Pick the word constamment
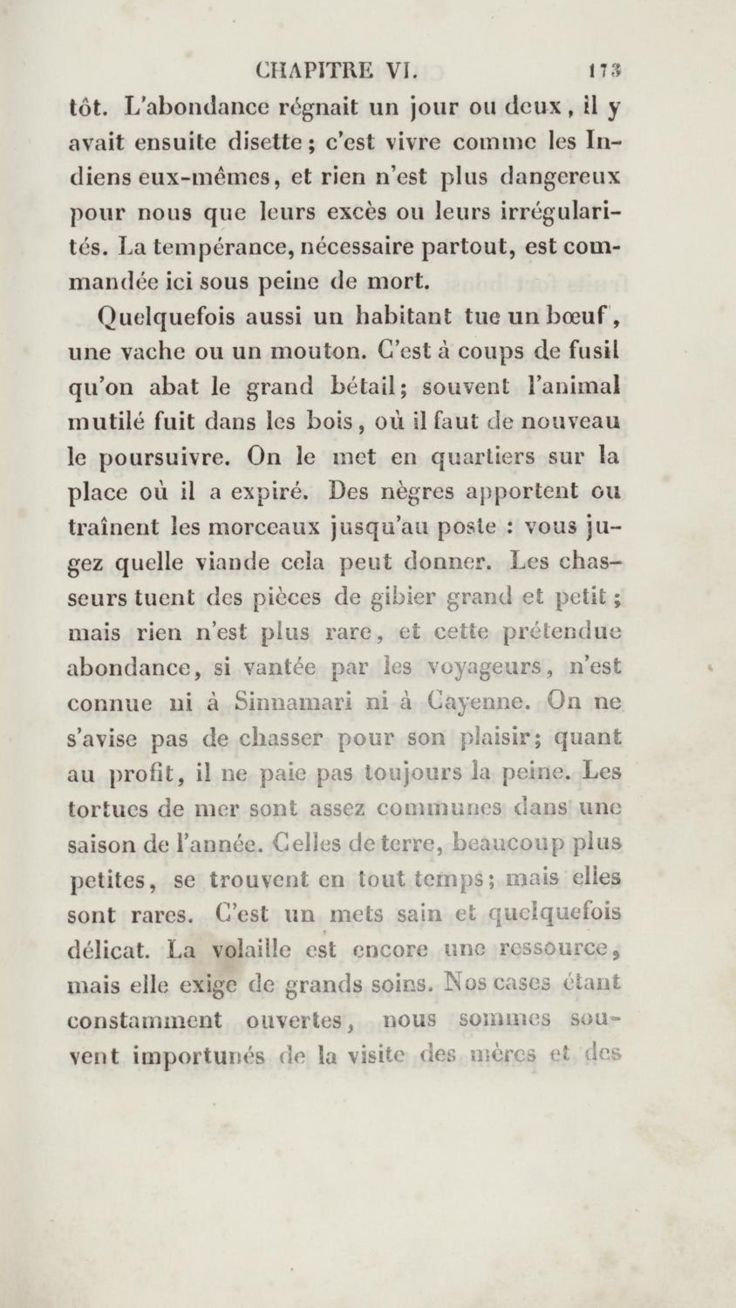point(145,1018)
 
